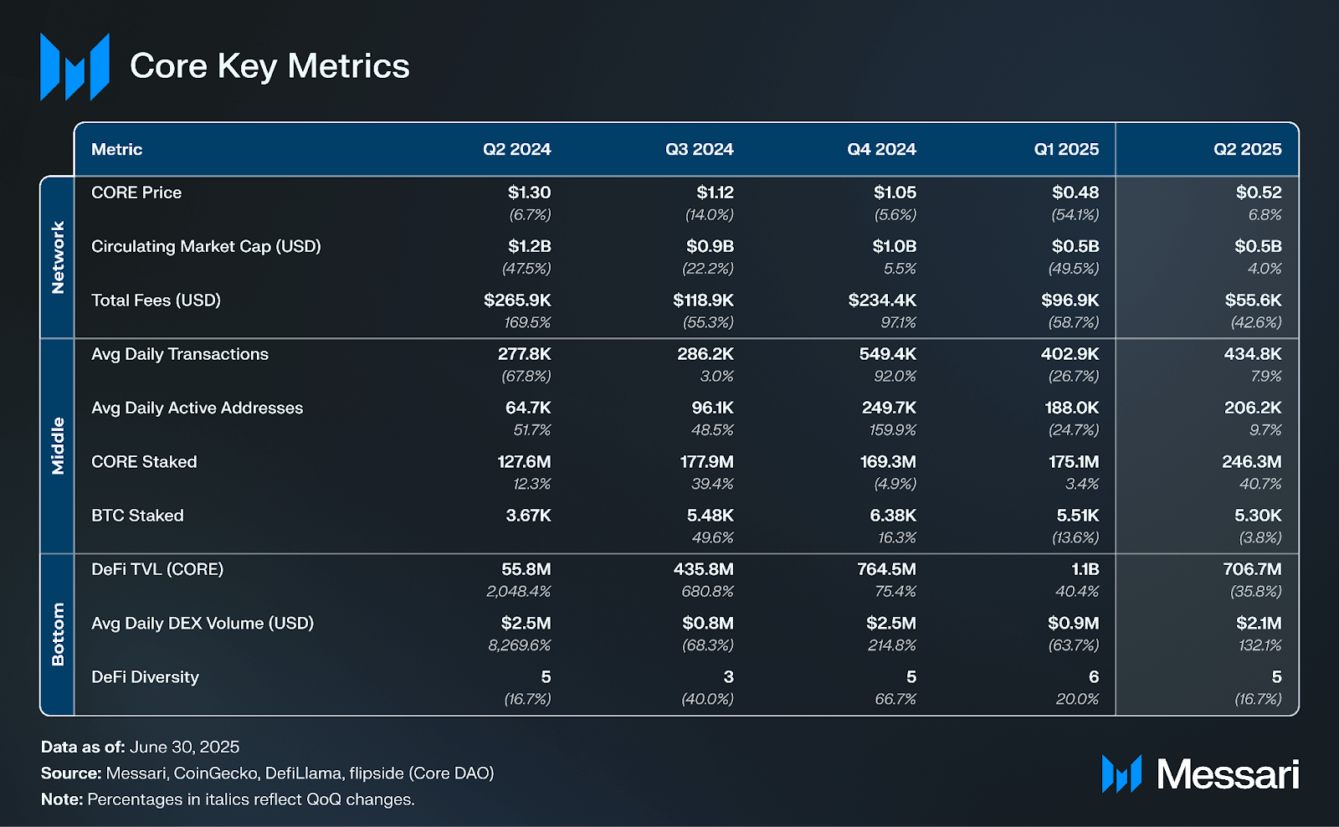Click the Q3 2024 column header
(x=699, y=149)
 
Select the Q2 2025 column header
(x=1247, y=149)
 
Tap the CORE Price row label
(x=136, y=193)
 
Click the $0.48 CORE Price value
(x=1075, y=193)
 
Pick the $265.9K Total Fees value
(x=517, y=300)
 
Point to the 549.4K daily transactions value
(x=887, y=354)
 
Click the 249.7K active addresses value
(x=889, y=408)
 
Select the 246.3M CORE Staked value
(x=1251, y=461)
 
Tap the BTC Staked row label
(x=137, y=516)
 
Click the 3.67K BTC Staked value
(x=528, y=516)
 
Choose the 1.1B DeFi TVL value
(x=1085, y=569)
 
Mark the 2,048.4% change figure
(x=518, y=591)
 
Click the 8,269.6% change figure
(x=519, y=645)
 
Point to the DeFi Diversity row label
(x=145, y=677)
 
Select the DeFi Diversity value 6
(x=1093, y=676)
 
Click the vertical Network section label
(x=58, y=257)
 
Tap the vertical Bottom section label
(x=58, y=634)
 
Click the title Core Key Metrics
(x=269, y=66)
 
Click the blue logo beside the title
(x=74, y=67)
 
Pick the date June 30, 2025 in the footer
(x=184, y=747)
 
